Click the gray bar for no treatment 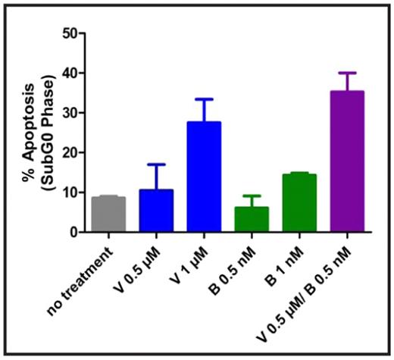[108, 214]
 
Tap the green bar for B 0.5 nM [252, 220]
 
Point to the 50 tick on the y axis [70, 33]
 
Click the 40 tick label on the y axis [70, 74]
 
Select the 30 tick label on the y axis [70, 113]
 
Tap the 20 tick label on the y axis [70, 153]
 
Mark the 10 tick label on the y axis [70, 193]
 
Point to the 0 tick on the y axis [73, 233]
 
